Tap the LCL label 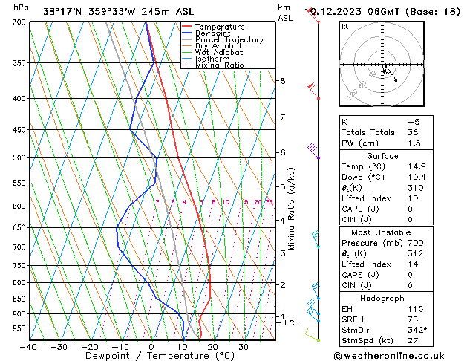292,323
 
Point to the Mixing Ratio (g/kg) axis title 293,208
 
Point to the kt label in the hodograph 344,27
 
